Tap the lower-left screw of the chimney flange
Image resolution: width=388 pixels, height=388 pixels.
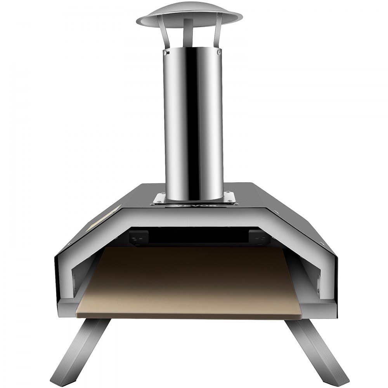coord(156,201)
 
